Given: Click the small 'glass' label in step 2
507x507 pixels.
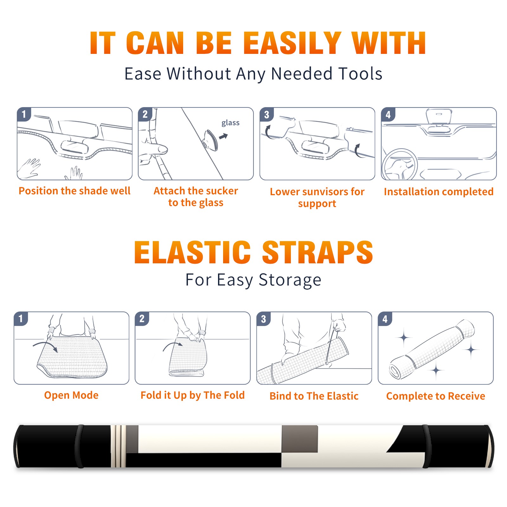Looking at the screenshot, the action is point(230,123).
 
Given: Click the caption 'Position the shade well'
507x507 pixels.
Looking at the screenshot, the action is point(74,191).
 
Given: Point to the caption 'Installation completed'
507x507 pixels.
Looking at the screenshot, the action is point(439,192).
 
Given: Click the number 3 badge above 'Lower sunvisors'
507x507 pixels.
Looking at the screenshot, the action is point(266,114).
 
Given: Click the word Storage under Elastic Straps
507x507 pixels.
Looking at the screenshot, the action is point(290,280).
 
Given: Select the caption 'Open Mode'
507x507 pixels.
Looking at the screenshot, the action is point(71,395).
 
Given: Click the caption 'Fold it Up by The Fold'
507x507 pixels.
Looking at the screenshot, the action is point(193,395).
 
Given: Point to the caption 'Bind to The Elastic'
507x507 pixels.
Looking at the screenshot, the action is point(314,396).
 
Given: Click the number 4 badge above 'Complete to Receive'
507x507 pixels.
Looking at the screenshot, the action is point(385,319).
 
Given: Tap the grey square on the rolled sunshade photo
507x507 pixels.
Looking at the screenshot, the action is point(299,439).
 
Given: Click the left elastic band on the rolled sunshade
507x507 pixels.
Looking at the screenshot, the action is point(79,446).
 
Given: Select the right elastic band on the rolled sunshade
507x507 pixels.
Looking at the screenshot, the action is point(427,446).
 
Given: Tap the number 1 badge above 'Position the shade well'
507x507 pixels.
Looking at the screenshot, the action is point(24,114).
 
